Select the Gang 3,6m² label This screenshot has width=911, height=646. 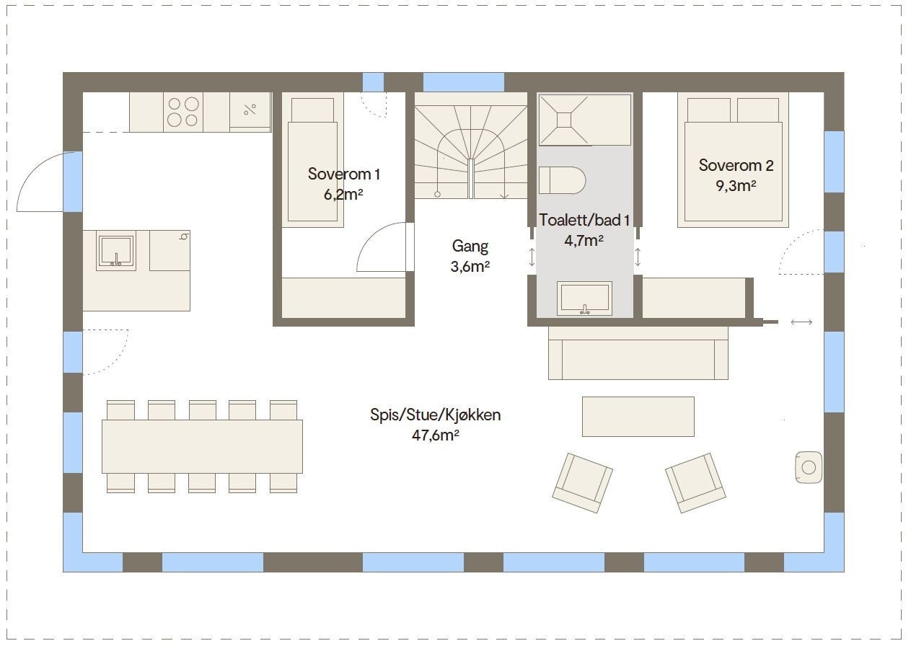pyautogui.click(x=470, y=256)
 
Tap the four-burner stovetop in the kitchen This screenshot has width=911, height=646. pyautogui.click(x=182, y=112)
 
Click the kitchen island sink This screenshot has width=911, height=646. pyautogui.click(x=116, y=251)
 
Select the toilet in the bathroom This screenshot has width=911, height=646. pyautogui.click(x=562, y=180)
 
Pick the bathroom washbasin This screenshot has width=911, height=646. pyautogui.click(x=584, y=298)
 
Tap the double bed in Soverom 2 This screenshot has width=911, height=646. pyautogui.click(x=733, y=162)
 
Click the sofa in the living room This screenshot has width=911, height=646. pyautogui.click(x=638, y=353)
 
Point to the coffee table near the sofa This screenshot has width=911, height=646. pyautogui.click(x=638, y=416)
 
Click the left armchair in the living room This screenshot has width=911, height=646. pyautogui.click(x=582, y=483)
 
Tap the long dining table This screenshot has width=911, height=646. pyautogui.click(x=202, y=446)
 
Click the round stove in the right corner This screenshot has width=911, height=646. pyautogui.click(x=808, y=467)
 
